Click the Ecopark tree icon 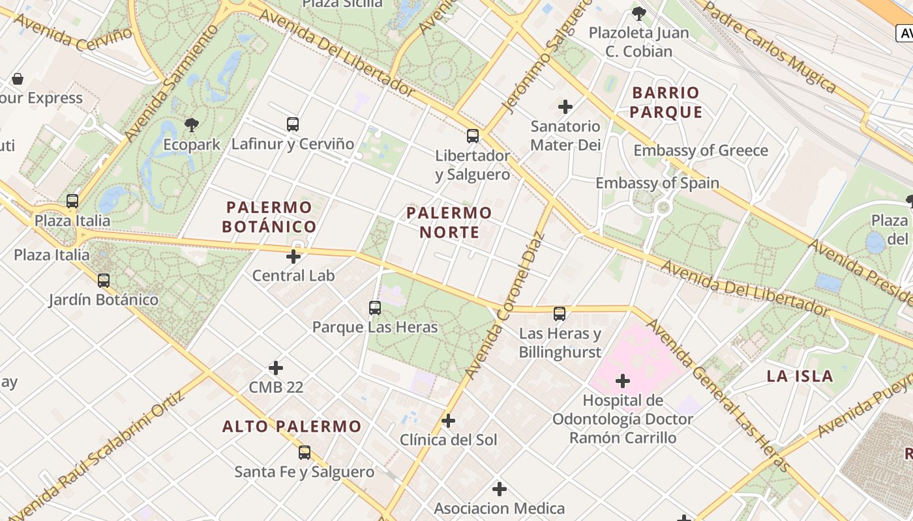(x=191, y=124)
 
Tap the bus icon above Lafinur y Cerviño (x=293, y=124)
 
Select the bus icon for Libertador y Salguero (x=473, y=136)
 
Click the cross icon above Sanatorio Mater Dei (x=565, y=106)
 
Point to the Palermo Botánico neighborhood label (x=269, y=217)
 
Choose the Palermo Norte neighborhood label (x=449, y=222)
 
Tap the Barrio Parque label (x=666, y=102)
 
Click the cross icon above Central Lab (x=293, y=256)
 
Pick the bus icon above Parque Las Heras (x=375, y=307)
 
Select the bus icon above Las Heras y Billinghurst (x=560, y=314)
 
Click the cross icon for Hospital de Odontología (x=623, y=380)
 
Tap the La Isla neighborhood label (x=800, y=376)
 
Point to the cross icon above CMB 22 (x=276, y=368)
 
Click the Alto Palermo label (x=292, y=427)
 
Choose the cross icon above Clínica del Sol (x=448, y=421)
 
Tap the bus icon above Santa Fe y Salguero (x=305, y=453)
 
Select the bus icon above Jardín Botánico (x=104, y=281)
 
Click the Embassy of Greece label (x=701, y=150)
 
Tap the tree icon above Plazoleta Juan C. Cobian (x=639, y=13)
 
